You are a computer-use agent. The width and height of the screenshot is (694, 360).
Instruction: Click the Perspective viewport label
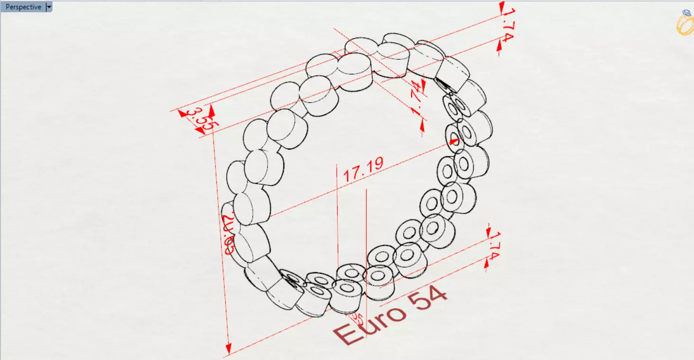[x=23, y=7]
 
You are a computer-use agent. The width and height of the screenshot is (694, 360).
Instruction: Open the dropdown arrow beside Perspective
[x=49, y=7]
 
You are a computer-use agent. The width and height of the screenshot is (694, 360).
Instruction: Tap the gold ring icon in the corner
[x=684, y=24]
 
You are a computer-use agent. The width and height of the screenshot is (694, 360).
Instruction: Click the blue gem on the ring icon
[x=686, y=13]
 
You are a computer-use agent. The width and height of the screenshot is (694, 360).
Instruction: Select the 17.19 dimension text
[x=363, y=169]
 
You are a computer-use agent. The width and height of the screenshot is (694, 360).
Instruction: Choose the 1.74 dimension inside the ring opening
[x=417, y=98]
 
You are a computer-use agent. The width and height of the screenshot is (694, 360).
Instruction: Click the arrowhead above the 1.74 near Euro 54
[x=489, y=231]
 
